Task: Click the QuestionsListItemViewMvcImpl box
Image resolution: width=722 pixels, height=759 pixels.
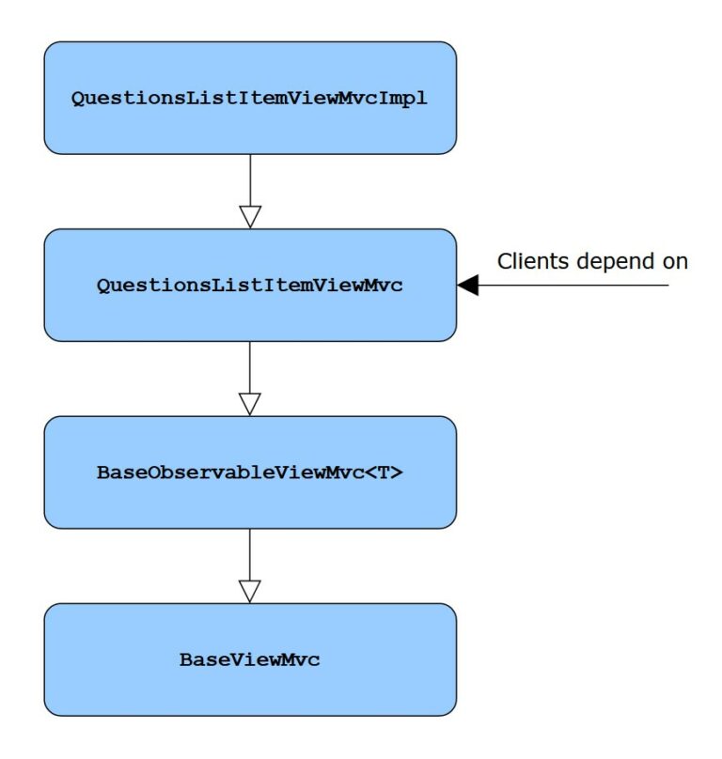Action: pos(250,98)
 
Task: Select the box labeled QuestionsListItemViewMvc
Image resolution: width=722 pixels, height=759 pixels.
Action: pos(250,286)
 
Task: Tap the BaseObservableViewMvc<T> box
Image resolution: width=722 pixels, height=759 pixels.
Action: pos(250,472)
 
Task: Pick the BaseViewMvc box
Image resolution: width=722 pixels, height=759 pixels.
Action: pos(250,659)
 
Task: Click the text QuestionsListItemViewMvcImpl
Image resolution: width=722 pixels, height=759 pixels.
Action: pos(249,99)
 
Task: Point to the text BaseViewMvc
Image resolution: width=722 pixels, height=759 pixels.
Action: pos(249,659)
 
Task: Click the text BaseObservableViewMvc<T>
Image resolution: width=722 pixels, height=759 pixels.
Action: pos(249,472)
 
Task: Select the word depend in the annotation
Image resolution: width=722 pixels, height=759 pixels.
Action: pos(616,262)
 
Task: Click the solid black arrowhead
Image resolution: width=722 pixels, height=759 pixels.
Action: pos(467,286)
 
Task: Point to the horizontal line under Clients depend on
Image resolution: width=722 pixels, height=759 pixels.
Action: pos(573,286)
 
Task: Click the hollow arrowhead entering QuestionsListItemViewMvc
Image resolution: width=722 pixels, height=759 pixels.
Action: pos(250,217)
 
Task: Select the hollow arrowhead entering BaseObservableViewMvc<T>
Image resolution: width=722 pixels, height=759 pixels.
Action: pos(250,404)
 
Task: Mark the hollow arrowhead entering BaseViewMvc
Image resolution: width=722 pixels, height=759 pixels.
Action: pos(250,592)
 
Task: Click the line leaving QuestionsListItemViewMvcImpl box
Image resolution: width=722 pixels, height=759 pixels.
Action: pos(250,180)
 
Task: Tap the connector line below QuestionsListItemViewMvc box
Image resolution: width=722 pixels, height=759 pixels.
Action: pos(250,367)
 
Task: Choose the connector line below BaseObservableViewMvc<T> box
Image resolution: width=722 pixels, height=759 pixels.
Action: pos(250,555)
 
